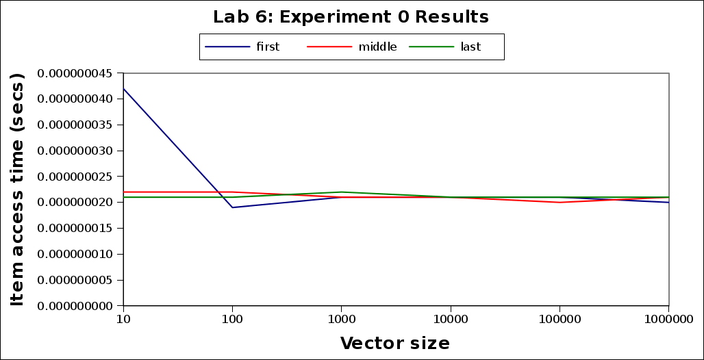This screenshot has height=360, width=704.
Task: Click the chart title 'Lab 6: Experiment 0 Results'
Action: coord(351,16)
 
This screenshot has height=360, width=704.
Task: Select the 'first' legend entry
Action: coord(268,47)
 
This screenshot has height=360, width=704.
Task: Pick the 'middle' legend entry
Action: coord(377,47)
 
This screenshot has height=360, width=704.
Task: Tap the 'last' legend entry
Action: coord(470,47)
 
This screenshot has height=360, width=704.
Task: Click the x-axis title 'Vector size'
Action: coord(395,342)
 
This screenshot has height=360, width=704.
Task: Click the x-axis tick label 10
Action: coord(123,319)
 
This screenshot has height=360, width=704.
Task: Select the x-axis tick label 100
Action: coord(232,319)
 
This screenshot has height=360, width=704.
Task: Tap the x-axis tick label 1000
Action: coord(341,319)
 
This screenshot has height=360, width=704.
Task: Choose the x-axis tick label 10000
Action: coord(450,319)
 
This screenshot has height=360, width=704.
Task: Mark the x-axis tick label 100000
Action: coord(560,319)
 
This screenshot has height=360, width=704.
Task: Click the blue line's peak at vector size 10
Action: coord(123,88)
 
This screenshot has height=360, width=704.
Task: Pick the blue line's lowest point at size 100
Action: coord(232,207)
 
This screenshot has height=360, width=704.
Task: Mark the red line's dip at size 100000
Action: coord(560,202)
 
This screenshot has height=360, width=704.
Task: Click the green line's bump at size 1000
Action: coord(341,192)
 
